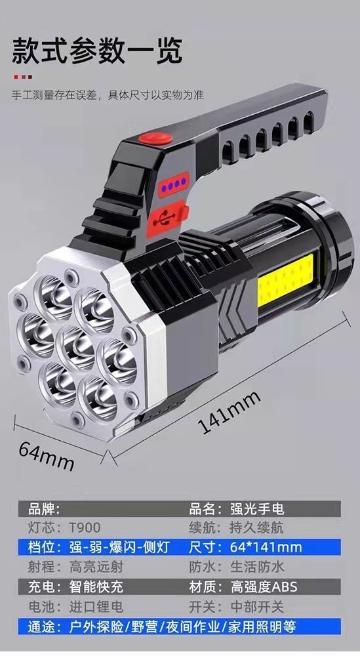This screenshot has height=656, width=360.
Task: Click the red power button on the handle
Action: (x=155, y=138)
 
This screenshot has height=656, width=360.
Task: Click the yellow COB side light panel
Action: (x=285, y=277)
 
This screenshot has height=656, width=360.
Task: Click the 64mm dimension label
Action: (x=47, y=456)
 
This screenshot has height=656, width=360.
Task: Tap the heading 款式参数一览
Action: (x=97, y=51)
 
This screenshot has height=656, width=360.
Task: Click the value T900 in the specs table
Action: (x=85, y=528)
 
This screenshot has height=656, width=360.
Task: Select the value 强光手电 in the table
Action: (x=257, y=509)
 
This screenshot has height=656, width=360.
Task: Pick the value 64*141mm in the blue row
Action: (x=266, y=547)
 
